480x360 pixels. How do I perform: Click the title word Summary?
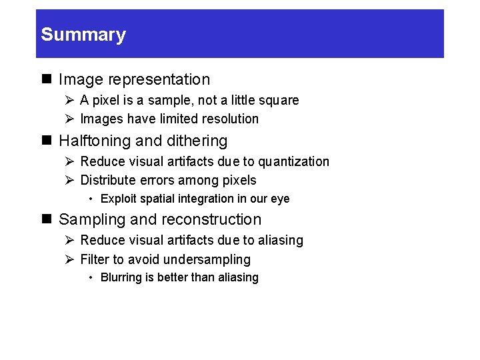pyautogui.click(x=83, y=35)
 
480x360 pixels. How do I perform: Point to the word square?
pyautogui.click(x=281, y=101)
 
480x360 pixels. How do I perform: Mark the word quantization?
pyautogui.click(x=293, y=162)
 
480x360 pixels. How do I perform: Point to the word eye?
pyautogui.click(x=280, y=199)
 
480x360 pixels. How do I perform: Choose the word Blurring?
pyautogui.click(x=121, y=277)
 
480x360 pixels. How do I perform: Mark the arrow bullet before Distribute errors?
pyautogui.click(x=69, y=180)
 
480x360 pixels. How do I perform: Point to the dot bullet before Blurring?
pyautogui.click(x=91, y=277)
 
